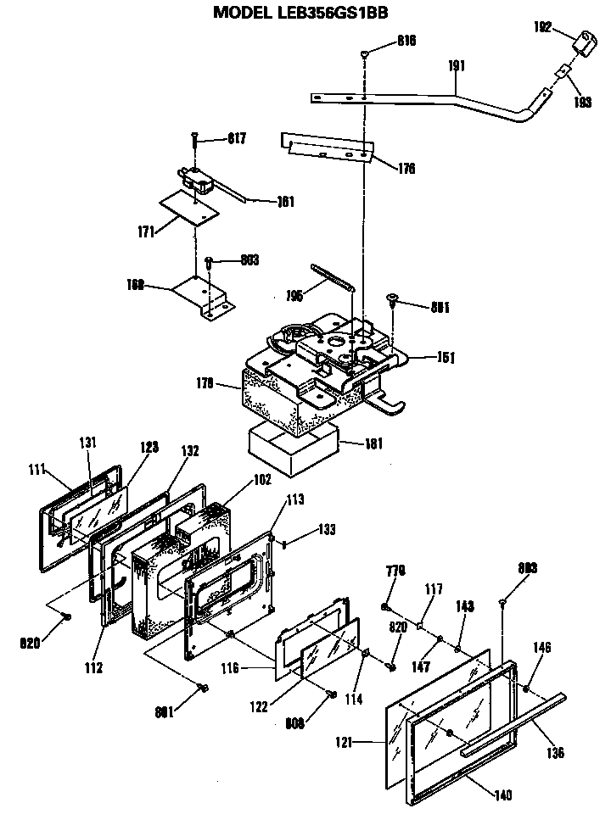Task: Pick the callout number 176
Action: [x=406, y=168]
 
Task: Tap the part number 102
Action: [x=262, y=480]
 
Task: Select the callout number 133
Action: [x=326, y=529]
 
